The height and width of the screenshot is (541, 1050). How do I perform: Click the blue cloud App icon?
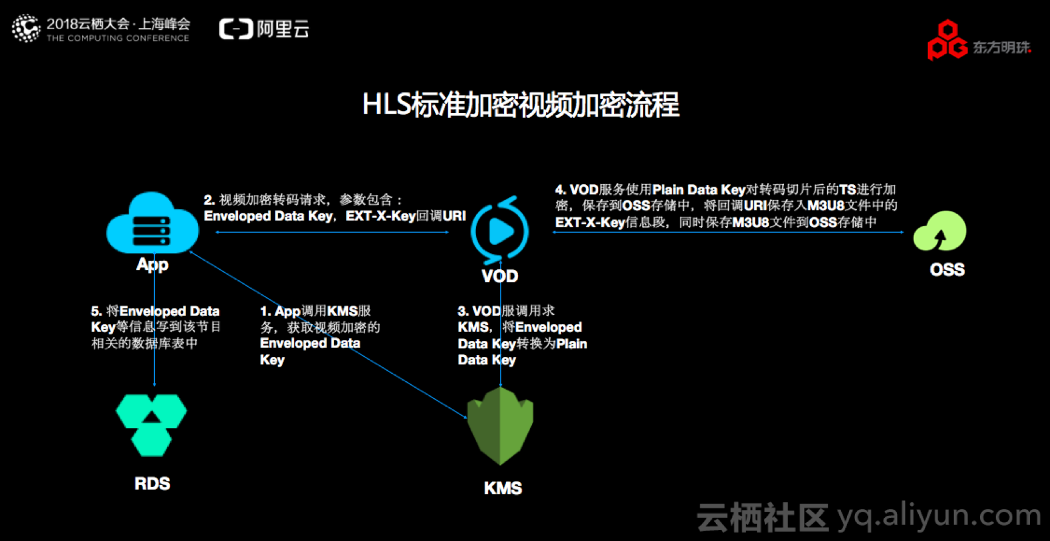tap(152, 224)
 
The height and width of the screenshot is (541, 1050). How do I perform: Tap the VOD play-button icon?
tap(500, 232)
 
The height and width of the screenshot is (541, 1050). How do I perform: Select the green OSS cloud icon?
tap(940, 231)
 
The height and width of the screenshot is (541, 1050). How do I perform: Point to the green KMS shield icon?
tap(500, 426)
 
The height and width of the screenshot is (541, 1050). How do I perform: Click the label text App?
tap(152, 264)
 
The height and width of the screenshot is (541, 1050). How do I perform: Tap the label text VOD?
tap(500, 277)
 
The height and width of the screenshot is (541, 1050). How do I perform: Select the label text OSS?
tap(947, 270)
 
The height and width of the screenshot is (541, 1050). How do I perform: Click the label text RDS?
tap(152, 484)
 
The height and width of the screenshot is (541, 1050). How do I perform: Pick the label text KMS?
tap(503, 488)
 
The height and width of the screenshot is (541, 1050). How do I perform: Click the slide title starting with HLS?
tap(520, 105)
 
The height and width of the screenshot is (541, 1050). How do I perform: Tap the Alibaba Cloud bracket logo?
tap(236, 29)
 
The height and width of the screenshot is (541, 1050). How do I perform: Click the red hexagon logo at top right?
tap(947, 41)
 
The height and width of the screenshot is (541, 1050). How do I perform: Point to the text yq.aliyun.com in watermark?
tap(939, 515)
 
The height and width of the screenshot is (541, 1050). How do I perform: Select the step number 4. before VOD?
tap(561, 190)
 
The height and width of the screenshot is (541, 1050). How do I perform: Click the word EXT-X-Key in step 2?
tap(380, 216)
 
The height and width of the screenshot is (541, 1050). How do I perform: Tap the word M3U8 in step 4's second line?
tap(825, 206)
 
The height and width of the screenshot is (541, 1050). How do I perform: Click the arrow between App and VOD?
tap(332, 232)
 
